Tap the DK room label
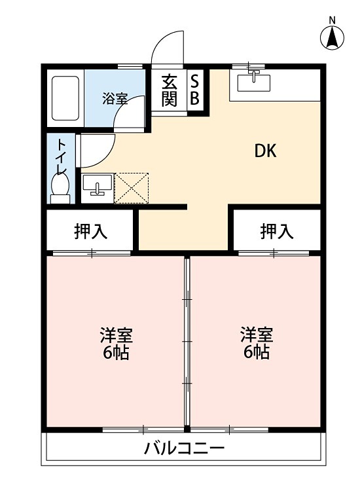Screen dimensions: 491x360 [x=265, y=151]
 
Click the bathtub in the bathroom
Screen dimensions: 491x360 [x=65, y=98]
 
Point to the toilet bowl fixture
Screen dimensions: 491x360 [x=60, y=187]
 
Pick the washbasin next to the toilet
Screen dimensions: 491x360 [x=98, y=185]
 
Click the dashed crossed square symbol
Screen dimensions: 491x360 [x=132, y=188]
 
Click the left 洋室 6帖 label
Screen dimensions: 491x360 [x=116, y=344]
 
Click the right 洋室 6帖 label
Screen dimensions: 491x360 [x=256, y=344]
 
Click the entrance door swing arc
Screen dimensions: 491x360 [x=166, y=47]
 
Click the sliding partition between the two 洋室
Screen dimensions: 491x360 [x=187, y=340]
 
